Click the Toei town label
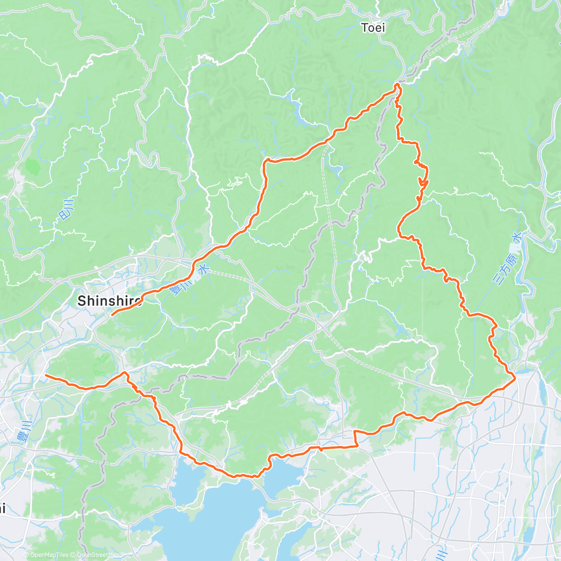373,28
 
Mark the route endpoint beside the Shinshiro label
112,315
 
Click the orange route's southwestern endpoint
46,375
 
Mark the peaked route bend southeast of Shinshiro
125,373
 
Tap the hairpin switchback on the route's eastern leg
423,180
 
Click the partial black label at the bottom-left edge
2,508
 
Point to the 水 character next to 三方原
516,238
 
